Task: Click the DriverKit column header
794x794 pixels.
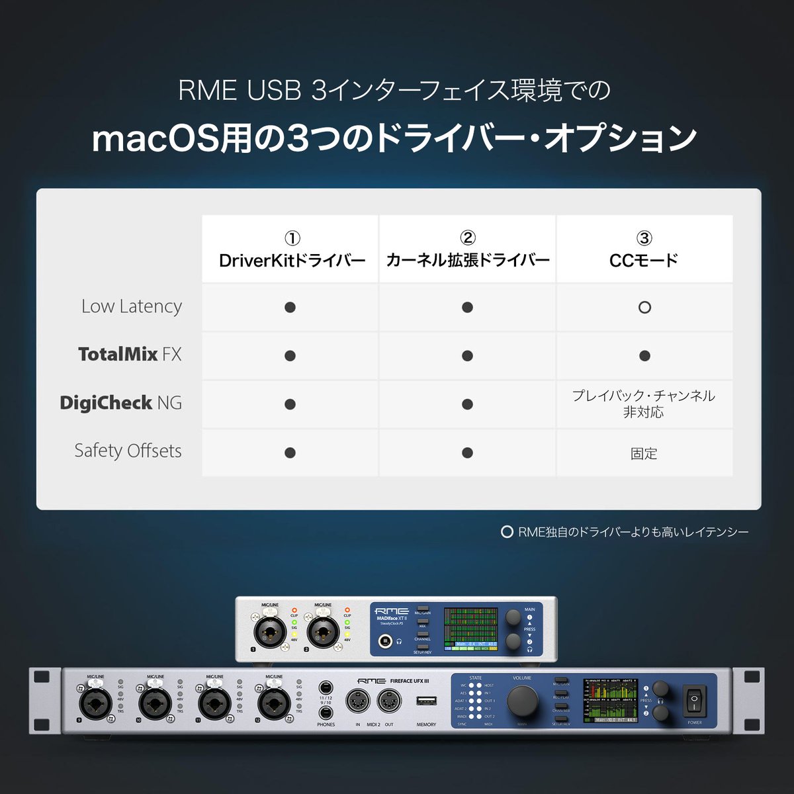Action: point(291,250)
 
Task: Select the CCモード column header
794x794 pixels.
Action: point(644,250)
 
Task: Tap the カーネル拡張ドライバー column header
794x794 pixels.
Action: point(467,250)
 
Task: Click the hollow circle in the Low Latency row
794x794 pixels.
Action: point(644,307)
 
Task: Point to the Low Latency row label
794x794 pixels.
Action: point(131,306)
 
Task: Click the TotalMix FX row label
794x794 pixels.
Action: point(129,355)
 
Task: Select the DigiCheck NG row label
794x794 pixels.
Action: point(120,403)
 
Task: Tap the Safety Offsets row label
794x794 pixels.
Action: point(128,451)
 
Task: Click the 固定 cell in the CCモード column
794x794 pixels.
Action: point(644,453)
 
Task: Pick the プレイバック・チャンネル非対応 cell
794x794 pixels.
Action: point(644,404)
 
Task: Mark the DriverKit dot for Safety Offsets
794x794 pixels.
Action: point(290,453)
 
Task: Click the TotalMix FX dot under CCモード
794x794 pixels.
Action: point(644,356)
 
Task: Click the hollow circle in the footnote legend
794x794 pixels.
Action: point(507,532)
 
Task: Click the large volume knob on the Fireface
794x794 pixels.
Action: point(522,700)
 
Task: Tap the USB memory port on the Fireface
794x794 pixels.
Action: point(426,701)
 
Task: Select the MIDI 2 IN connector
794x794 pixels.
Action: point(358,702)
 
